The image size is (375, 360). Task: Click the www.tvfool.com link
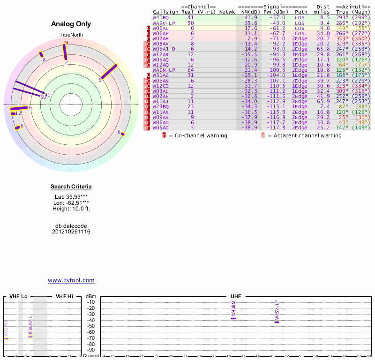click(x=71, y=280)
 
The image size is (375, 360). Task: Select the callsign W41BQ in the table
click(x=160, y=17)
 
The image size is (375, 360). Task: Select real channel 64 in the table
click(x=190, y=70)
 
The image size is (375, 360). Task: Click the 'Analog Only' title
click(x=71, y=24)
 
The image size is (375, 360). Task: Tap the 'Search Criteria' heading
click(x=71, y=187)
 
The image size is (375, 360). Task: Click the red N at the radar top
click(x=66, y=43)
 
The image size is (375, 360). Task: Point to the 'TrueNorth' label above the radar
click(x=71, y=35)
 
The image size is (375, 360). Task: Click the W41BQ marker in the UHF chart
click(x=233, y=318)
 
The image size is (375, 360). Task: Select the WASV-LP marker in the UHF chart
click(x=277, y=322)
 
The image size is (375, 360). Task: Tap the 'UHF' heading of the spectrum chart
click(x=236, y=297)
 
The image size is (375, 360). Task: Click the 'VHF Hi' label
click(x=64, y=297)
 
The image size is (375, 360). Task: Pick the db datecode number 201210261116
click(x=71, y=232)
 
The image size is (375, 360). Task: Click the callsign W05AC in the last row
click(x=160, y=127)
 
